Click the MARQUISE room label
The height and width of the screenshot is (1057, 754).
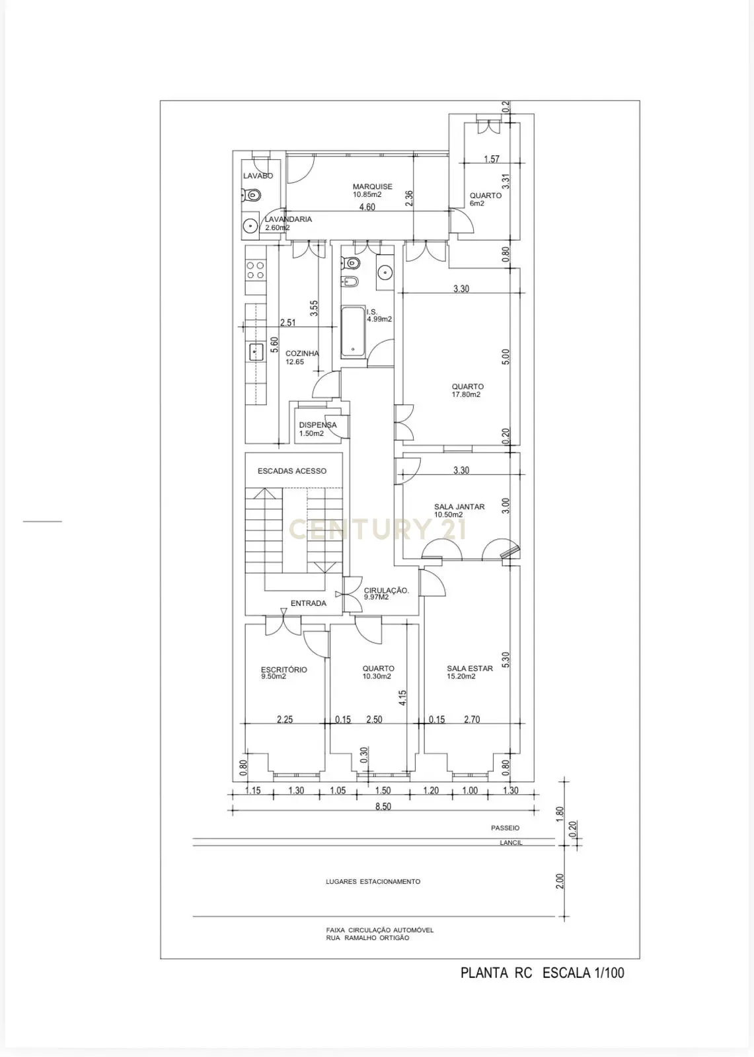(372, 187)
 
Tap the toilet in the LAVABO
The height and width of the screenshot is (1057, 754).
(252, 195)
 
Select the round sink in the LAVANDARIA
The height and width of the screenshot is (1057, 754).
(250, 225)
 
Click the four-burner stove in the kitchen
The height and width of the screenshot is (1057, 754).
(255, 270)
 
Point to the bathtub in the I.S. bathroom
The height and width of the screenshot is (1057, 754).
(353, 332)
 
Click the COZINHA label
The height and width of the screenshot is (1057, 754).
(302, 353)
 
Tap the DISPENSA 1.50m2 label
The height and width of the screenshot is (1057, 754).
(317, 429)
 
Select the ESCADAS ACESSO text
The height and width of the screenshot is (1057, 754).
(291, 471)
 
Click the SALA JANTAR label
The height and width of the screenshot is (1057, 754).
(459, 507)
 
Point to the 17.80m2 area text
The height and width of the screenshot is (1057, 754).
(466, 395)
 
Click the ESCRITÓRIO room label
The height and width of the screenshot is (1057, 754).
(283, 670)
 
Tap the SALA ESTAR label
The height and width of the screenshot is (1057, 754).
(469, 669)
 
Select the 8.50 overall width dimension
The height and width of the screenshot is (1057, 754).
(383, 807)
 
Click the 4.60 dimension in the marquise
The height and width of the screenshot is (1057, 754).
(367, 207)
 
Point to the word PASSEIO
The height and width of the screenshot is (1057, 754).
(505, 828)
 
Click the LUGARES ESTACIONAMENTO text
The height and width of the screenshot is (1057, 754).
(373, 881)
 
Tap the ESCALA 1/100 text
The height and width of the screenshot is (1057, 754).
(583, 972)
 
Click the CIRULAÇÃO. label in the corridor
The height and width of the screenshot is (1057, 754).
(387, 591)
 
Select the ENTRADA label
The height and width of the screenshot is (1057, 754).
(308, 603)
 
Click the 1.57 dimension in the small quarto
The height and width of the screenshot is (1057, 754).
(491, 159)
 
